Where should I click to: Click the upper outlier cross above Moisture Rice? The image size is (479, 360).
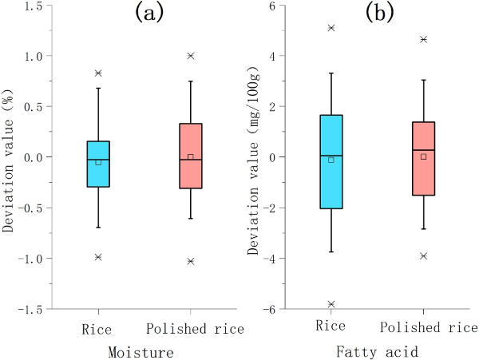tap(98, 73)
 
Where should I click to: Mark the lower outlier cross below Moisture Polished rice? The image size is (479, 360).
tap(190, 261)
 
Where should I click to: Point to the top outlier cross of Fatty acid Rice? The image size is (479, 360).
tap(331, 28)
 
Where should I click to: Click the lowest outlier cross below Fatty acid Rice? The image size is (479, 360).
tap(331, 304)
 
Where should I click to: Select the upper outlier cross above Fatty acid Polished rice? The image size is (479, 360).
tap(423, 39)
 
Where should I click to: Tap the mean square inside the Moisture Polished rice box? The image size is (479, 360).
tap(190, 156)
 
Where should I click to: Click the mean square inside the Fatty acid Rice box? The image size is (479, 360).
tap(331, 160)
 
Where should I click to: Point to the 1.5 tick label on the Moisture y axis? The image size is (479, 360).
tap(34, 6)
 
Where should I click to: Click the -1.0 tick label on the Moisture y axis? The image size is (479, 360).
tap(30, 259)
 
